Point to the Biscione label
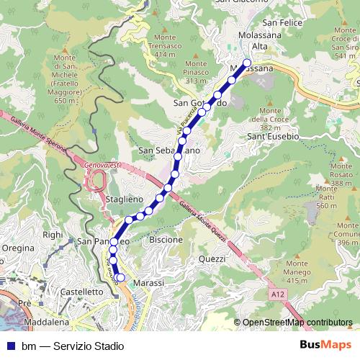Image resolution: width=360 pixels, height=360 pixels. click(166, 239)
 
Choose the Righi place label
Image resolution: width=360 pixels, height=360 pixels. click(53, 235)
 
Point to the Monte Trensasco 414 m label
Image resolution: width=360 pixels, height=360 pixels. click(165, 45)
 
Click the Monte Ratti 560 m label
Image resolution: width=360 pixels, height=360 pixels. click(326, 196)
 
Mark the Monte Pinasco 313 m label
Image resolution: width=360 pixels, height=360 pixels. click(196, 73)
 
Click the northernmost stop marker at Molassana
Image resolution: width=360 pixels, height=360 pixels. click(247, 62)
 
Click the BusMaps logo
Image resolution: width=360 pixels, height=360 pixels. click(325, 345)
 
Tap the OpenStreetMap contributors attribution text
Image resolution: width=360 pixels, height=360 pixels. click(297, 323)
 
